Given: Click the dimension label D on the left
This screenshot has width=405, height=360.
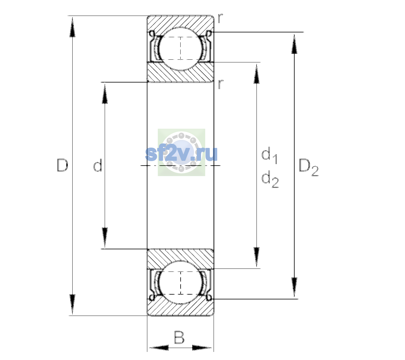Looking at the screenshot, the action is [62, 165].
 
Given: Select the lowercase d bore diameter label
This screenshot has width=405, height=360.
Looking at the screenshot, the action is [98, 165].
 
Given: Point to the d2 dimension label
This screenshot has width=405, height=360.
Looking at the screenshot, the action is [270, 179].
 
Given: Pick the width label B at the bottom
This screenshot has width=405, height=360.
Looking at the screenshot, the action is [179, 337].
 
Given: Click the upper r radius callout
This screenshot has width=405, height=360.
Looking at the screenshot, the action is [220, 18].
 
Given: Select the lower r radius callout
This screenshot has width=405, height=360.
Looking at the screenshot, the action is [220, 84].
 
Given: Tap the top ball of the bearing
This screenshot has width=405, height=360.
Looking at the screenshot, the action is [181, 49].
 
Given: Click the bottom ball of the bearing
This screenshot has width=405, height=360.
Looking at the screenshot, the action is [181, 283].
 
